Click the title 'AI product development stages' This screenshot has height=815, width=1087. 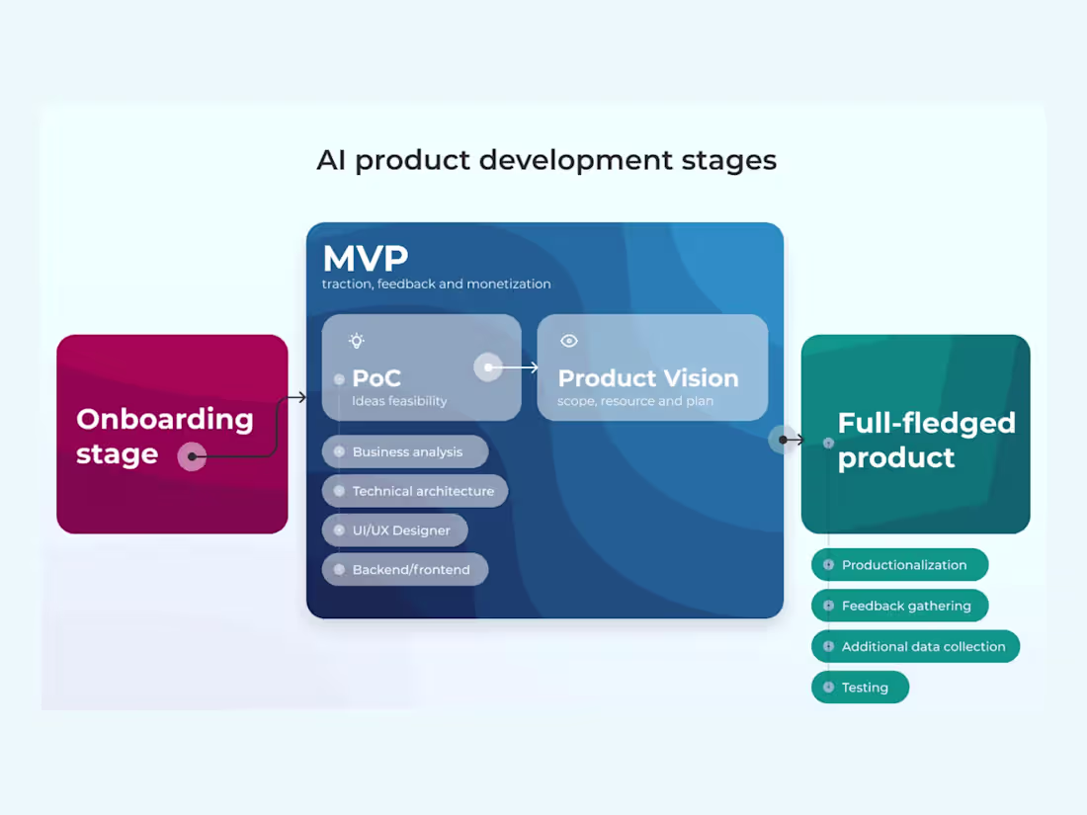[546, 160]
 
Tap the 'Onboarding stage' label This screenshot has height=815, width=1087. [164, 436]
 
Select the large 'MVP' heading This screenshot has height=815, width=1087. [365, 258]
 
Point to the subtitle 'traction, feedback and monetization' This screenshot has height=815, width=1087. [436, 285]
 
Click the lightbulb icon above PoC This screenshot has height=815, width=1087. [357, 341]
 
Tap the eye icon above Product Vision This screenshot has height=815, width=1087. [569, 341]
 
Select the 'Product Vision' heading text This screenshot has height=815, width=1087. [647, 378]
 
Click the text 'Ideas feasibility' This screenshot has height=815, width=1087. [399, 401]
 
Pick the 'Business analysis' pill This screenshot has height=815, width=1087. [405, 451]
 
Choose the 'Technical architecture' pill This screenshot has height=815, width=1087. [415, 491]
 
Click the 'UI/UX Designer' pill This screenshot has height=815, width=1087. [395, 530]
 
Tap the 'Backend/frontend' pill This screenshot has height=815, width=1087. [405, 570]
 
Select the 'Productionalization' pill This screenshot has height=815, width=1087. [899, 565]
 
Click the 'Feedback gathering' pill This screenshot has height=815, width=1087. [899, 606]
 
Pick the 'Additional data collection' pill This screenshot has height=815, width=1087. [915, 647]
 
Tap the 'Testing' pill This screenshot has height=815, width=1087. [860, 688]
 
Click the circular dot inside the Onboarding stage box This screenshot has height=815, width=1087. [192, 456]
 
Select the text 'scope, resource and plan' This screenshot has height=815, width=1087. [635, 401]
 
